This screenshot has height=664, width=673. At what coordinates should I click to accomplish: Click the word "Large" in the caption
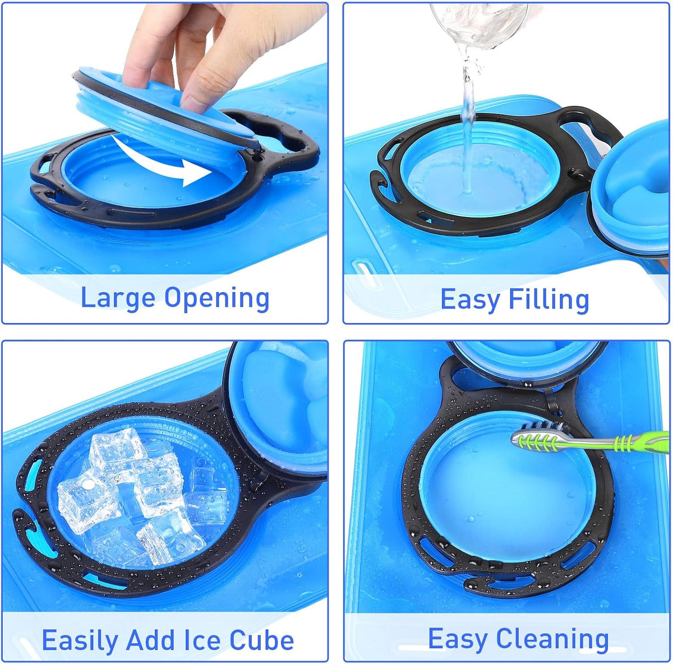(x=118, y=298)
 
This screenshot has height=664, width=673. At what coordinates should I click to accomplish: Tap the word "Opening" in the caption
(x=217, y=299)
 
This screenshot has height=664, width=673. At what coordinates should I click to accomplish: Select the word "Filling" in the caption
(x=548, y=299)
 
